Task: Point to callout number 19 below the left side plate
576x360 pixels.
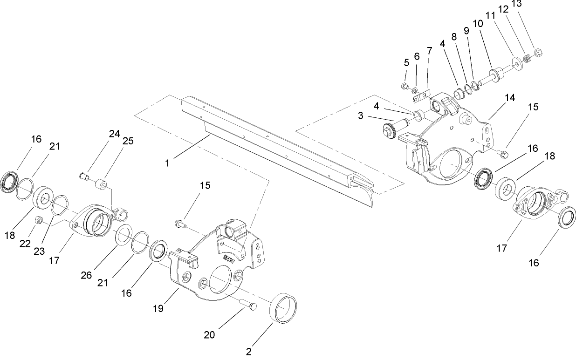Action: click(x=158, y=308)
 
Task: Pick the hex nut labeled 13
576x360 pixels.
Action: click(x=536, y=53)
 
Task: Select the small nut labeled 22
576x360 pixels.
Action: click(x=40, y=220)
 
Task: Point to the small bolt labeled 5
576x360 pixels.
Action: click(x=405, y=86)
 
